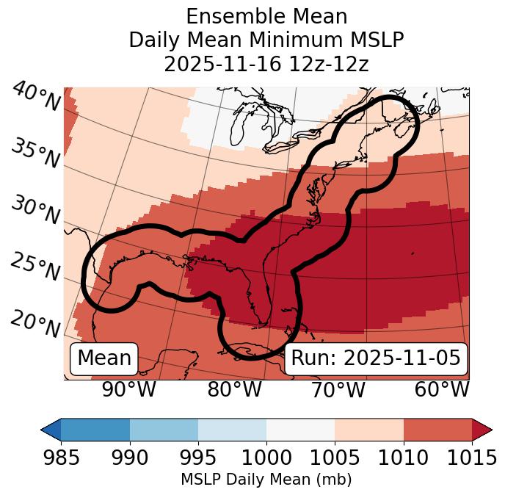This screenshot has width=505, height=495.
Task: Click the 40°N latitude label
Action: pos(36,96)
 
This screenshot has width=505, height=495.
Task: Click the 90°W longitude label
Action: pos(128,390)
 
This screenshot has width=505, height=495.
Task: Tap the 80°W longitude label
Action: pos(233,390)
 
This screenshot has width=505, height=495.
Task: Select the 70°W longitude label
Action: pos(338,390)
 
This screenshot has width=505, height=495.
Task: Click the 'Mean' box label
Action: pos(104,358)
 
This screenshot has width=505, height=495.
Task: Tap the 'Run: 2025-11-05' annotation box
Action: pos(376,358)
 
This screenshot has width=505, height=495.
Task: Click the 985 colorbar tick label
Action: pos(62,458)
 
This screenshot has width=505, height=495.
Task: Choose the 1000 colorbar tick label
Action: pos(266,458)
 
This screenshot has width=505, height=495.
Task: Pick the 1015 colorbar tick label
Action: pos(471,458)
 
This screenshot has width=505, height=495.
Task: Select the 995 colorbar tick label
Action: pos(198,458)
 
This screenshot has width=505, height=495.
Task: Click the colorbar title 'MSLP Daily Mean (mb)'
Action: pos(266,480)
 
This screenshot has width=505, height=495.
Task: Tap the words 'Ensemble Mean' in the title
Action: pos(266,16)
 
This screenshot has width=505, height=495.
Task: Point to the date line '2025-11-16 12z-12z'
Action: pos(266,64)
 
